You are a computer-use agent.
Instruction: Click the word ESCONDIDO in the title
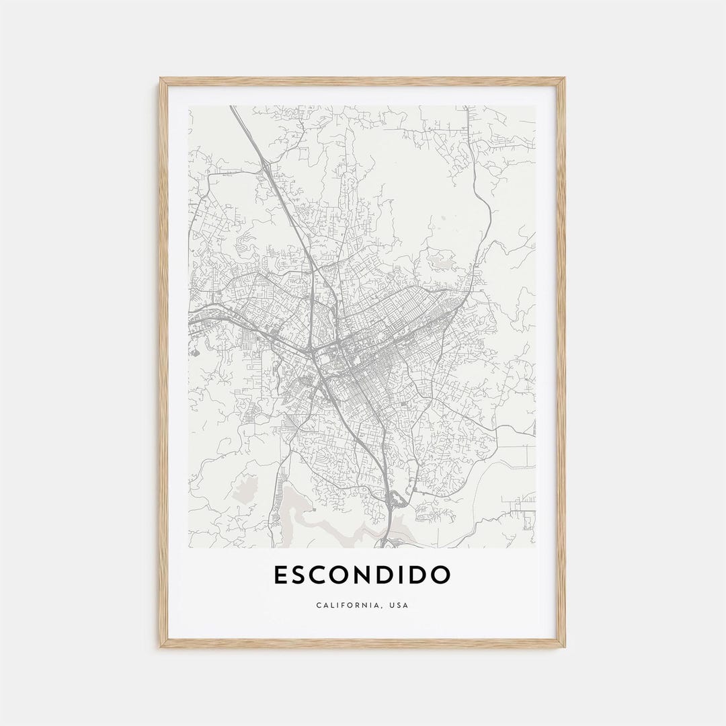click(x=362, y=575)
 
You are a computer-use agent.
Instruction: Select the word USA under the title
click(x=398, y=606)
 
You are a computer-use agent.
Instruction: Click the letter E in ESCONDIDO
click(x=282, y=575)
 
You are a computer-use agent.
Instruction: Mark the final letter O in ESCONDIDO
click(x=440, y=575)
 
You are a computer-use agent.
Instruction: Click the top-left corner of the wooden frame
click(x=161, y=79)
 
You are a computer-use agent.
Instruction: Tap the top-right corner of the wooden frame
click(x=565, y=79)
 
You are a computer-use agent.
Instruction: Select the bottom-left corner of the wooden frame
click(x=161, y=647)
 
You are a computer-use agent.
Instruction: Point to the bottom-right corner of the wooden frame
click(x=565, y=647)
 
